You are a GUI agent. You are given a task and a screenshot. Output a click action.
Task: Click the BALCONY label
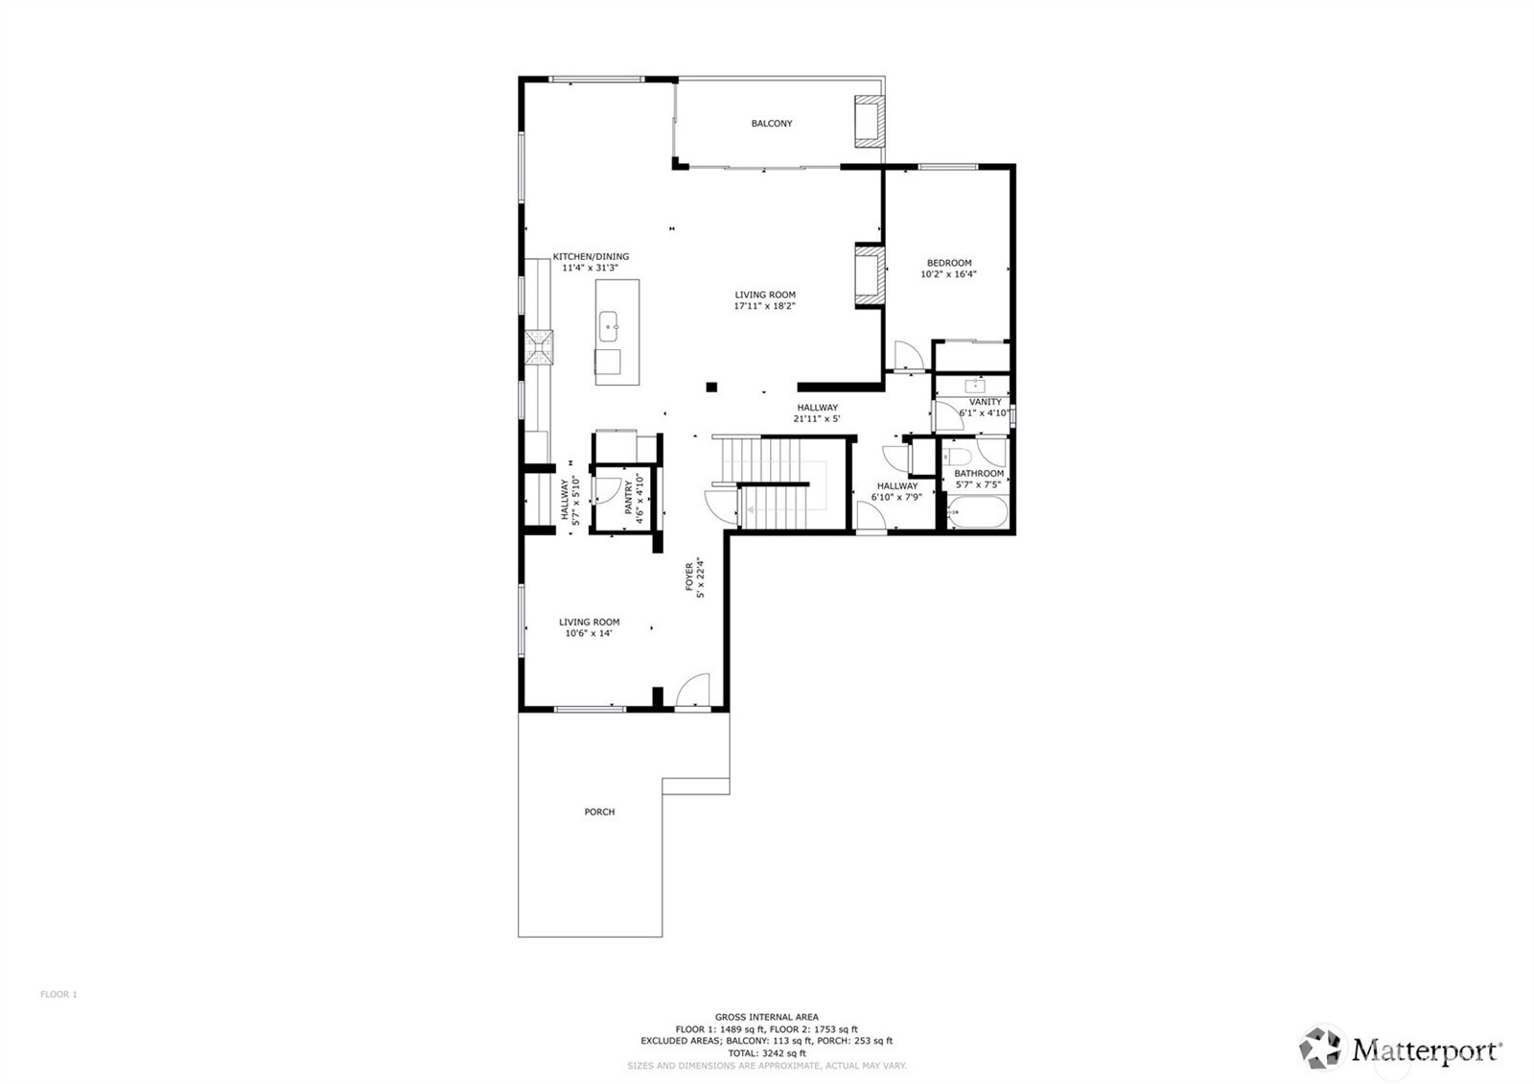coord(771,124)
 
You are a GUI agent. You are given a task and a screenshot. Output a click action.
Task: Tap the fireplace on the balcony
coord(869,121)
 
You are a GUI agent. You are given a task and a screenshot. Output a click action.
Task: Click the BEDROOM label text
coord(948,263)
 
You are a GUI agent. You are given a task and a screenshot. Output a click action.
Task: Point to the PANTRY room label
coord(629,498)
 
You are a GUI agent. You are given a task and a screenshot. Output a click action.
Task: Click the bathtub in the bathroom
coord(977,512)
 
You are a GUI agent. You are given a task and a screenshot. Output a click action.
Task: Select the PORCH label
coord(599,812)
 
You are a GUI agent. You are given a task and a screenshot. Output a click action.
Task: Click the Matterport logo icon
coord(1321,1048)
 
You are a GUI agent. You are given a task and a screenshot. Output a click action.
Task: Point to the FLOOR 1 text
coord(58,995)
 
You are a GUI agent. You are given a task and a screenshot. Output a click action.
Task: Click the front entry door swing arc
coord(691,691)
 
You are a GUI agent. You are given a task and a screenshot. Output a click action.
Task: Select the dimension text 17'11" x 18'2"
coord(765,306)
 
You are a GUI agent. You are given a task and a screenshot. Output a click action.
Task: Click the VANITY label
coord(985,402)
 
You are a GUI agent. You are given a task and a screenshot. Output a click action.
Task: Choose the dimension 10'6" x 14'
coord(589,633)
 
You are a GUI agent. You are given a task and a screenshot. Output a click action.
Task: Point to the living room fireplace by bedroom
coord(869,276)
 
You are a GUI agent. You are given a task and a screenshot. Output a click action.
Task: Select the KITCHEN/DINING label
coord(591,256)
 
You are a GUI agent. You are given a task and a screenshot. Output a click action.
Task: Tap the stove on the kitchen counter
coord(538,347)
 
